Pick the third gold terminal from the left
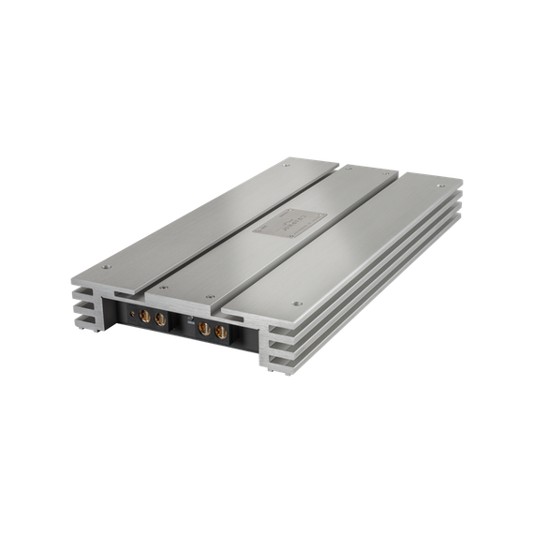pos(204,330)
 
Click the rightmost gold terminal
pos(221,334)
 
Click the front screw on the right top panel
pos(297,303)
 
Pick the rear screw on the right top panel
pos(445,184)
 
